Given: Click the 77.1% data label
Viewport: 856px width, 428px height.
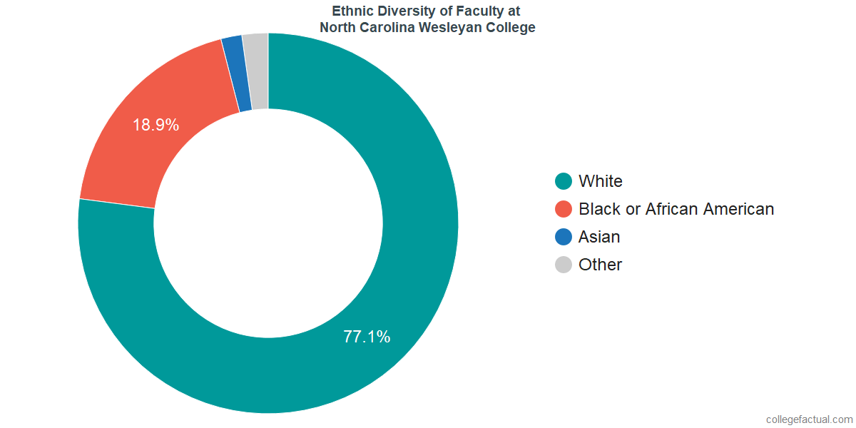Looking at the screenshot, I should [367, 337].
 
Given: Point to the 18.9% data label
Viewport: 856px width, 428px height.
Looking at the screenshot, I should [156, 125].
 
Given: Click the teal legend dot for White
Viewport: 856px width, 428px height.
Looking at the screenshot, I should [564, 181].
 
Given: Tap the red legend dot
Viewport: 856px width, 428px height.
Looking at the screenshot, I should [564, 209].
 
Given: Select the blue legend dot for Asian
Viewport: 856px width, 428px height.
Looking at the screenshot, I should [564, 237].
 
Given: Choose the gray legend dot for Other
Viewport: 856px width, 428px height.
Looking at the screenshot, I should [564, 265].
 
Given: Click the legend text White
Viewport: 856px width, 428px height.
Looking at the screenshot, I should [601, 181].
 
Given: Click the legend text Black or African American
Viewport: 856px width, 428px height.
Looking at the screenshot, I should [676, 209].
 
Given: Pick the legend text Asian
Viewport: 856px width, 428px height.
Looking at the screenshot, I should [599, 237].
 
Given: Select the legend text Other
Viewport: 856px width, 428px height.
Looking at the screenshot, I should [601, 265].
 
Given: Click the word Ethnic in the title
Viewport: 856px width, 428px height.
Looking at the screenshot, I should [351, 11].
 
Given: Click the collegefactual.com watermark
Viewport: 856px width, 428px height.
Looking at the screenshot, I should [809, 419].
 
